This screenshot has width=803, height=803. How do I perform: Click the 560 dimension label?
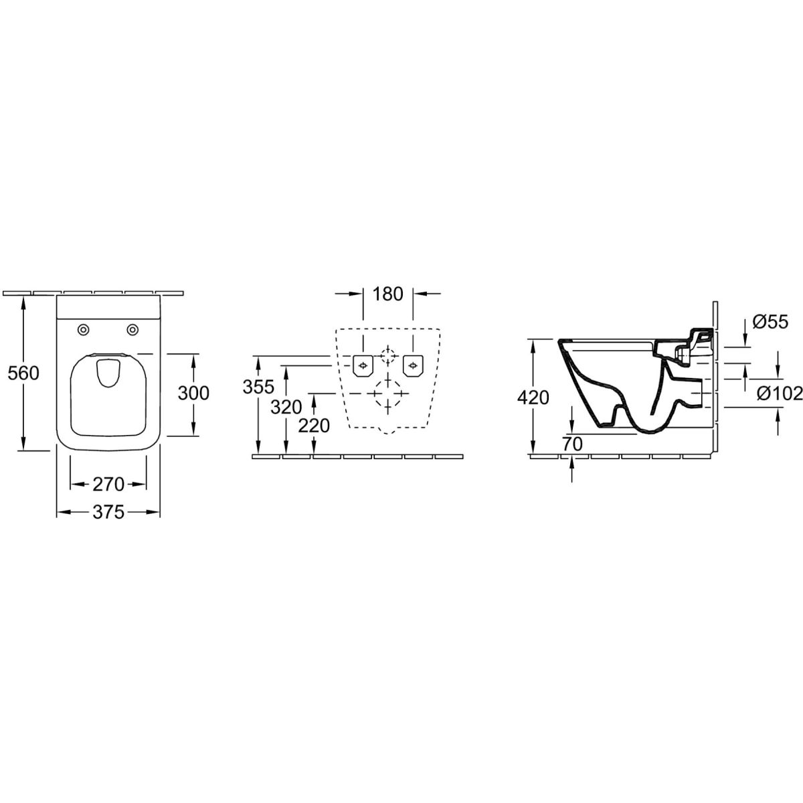[x=23, y=373]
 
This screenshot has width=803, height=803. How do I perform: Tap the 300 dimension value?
[x=193, y=393]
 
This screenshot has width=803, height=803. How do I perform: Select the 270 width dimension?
[x=108, y=484]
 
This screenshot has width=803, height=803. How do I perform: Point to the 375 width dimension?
[x=108, y=512]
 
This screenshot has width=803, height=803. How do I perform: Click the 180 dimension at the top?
[x=388, y=294]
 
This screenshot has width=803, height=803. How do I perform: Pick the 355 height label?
[x=258, y=387]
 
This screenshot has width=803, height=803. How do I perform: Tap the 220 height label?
[x=315, y=426]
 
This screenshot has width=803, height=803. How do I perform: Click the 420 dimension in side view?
[x=533, y=398]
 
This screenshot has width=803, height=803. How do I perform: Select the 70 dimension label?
[x=572, y=444]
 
